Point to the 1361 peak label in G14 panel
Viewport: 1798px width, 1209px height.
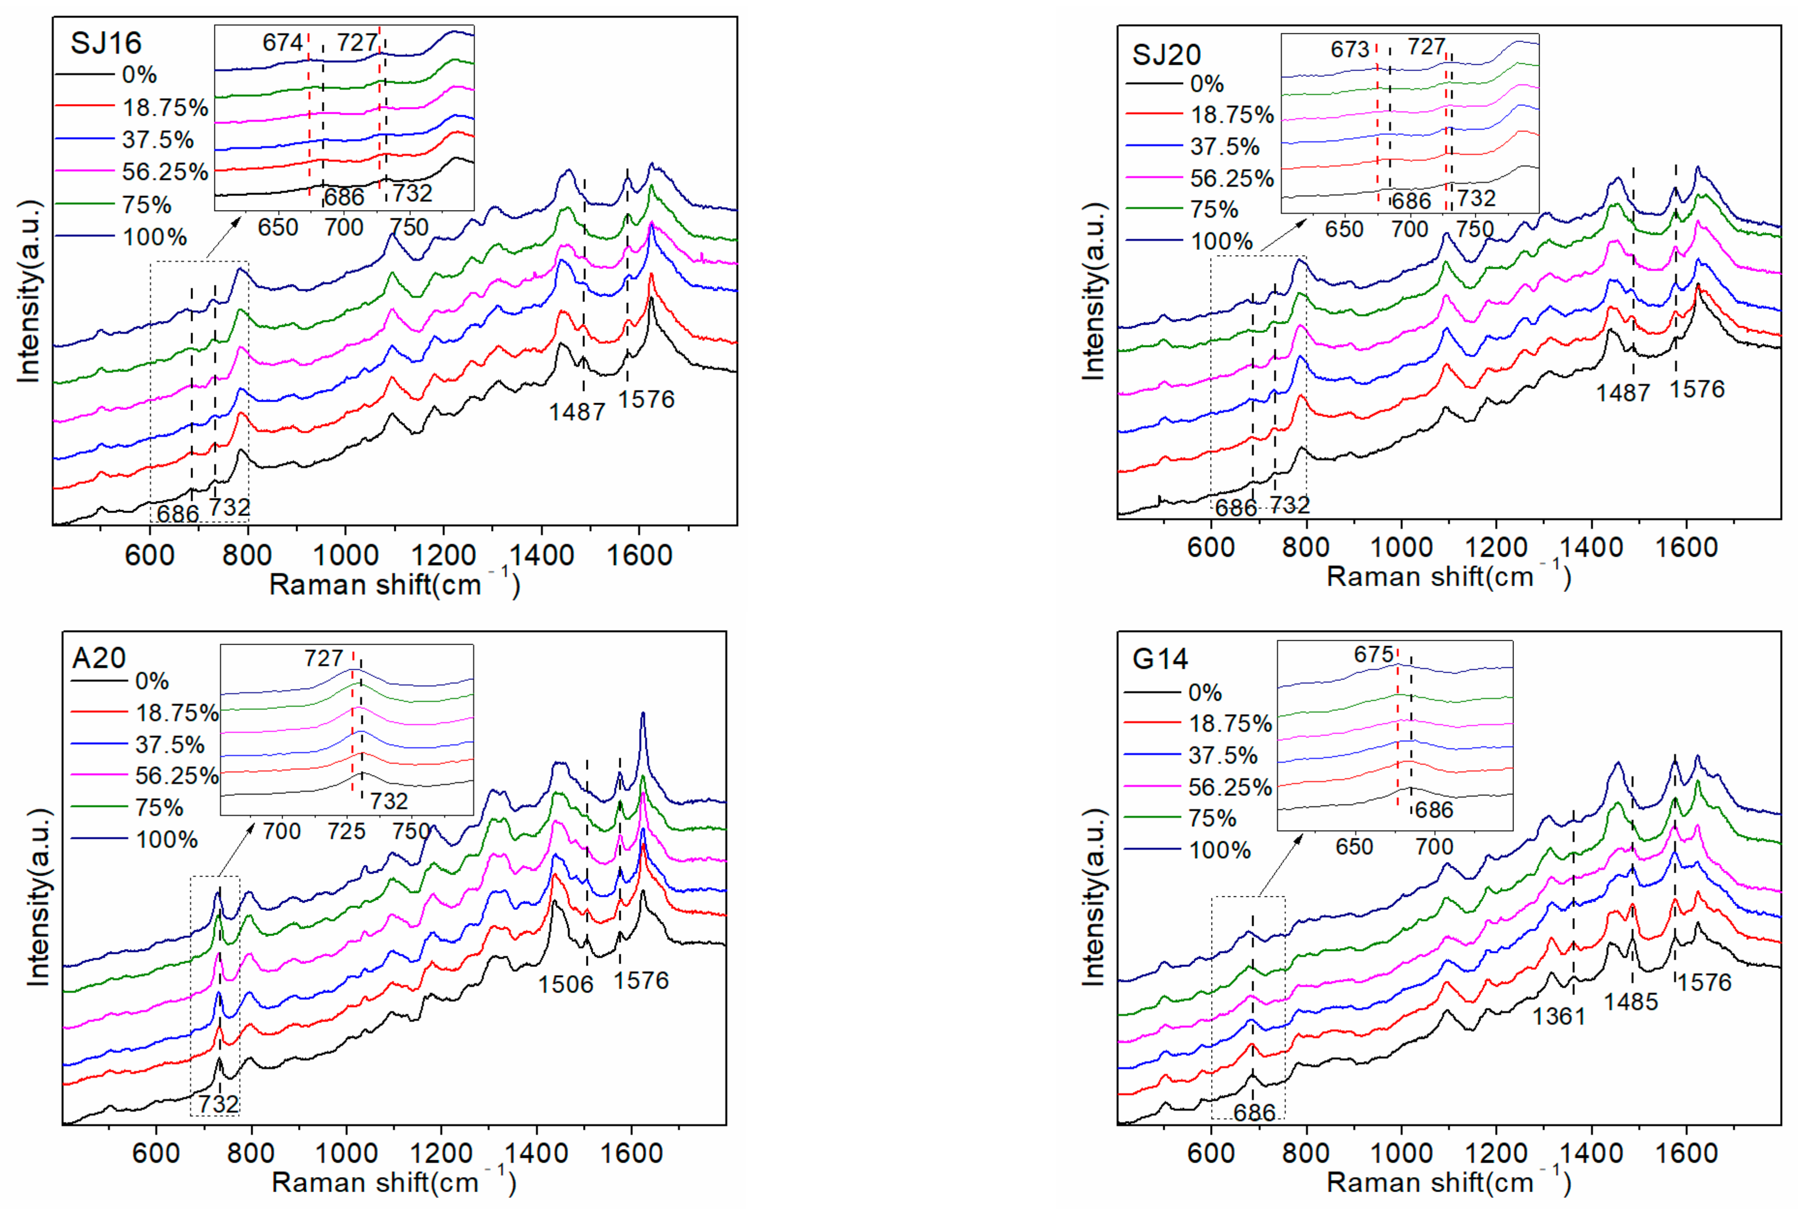(x=1558, y=1017)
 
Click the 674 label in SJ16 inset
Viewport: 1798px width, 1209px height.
(x=282, y=43)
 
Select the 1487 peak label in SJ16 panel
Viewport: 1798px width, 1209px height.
(x=576, y=412)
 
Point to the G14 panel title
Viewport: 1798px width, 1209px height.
(x=1160, y=659)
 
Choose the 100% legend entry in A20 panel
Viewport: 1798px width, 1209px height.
(x=166, y=840)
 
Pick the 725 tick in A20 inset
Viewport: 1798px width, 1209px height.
(x=346, y=831)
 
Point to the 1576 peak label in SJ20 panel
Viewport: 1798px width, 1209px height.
(x=1697, y=390)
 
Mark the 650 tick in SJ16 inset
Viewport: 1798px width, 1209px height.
(x=277, y=227)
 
